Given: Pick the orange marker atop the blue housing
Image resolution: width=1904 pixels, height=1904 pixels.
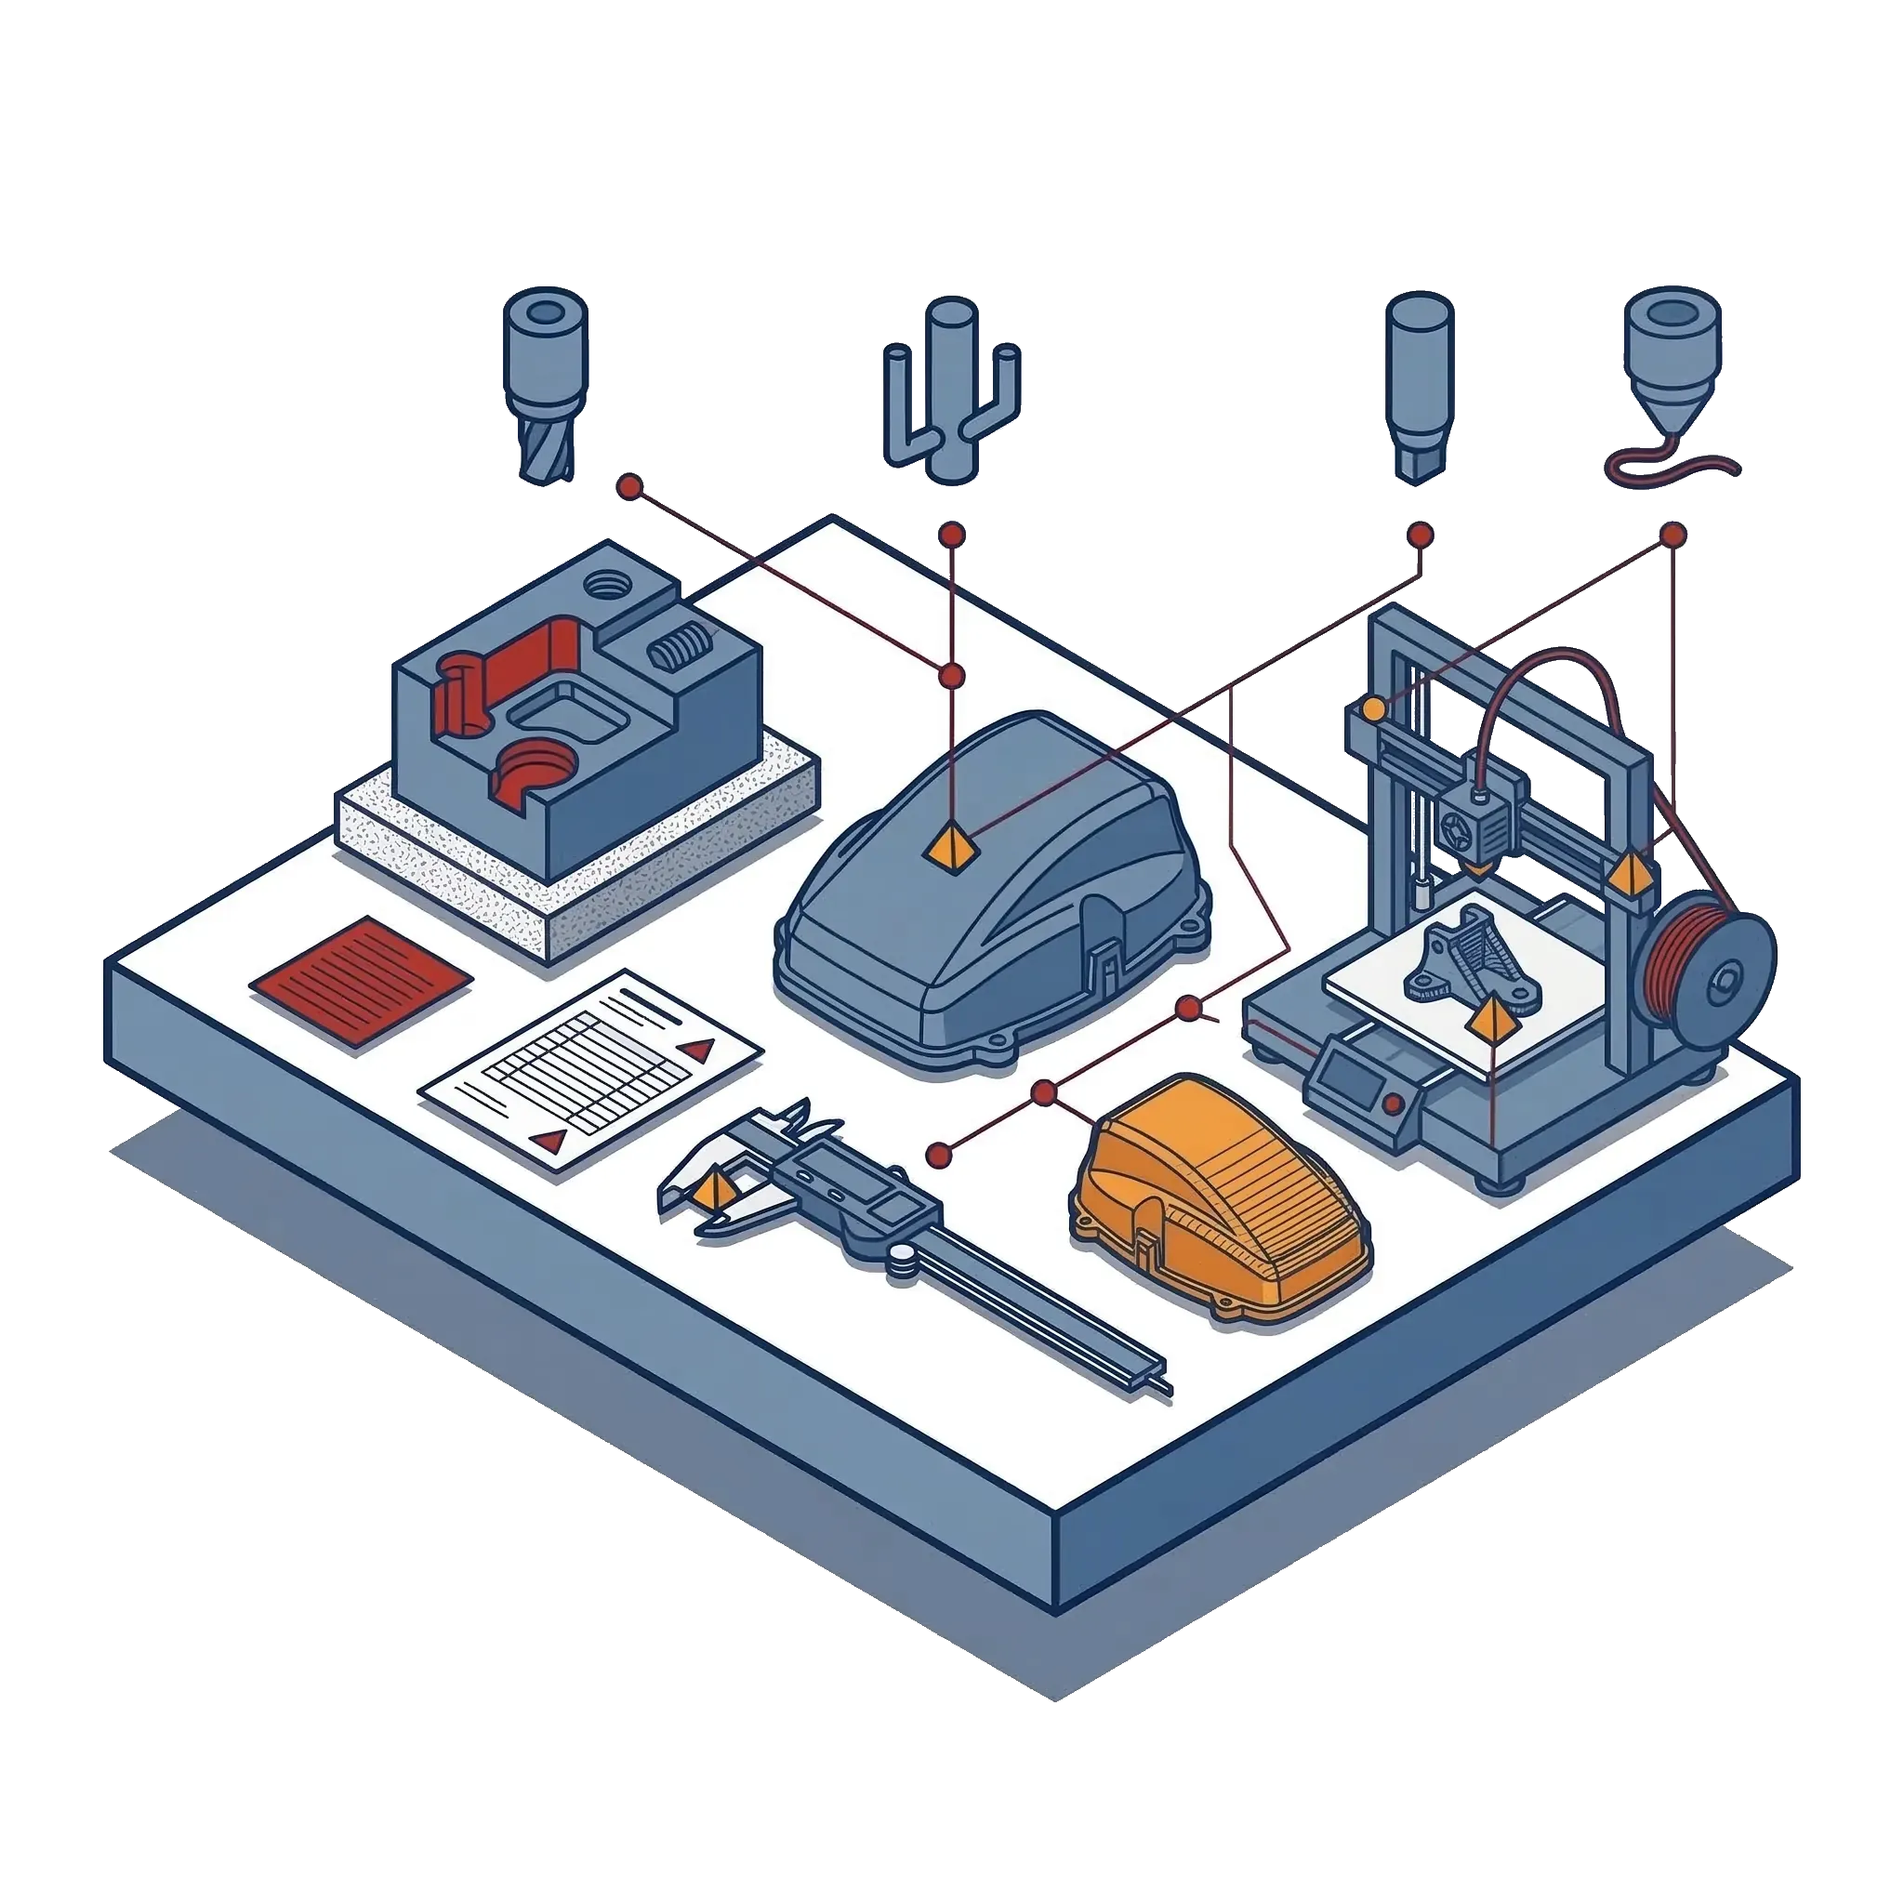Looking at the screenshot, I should [951, 848].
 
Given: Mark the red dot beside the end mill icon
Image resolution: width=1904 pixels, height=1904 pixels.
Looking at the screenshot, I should [628, 486].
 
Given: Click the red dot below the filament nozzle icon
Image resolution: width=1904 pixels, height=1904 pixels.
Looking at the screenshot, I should [1673, 535].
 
